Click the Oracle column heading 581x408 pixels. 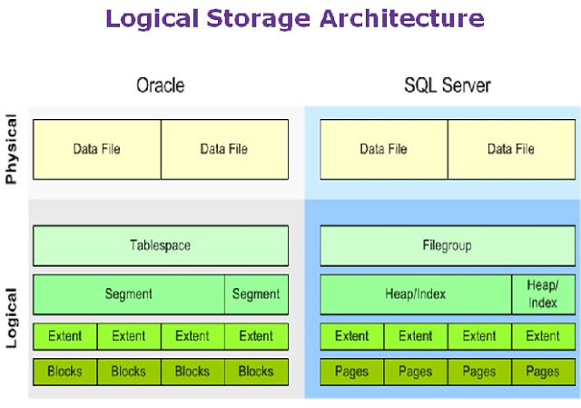161,86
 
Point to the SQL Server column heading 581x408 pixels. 448,86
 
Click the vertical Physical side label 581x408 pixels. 12,149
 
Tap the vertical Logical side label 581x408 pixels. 12,318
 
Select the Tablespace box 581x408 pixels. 161,245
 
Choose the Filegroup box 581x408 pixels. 448,245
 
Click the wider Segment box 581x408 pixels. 129,294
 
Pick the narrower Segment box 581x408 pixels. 256,294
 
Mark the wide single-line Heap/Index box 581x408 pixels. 416,294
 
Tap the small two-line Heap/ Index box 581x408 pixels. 543,294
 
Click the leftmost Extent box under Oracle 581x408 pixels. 65,336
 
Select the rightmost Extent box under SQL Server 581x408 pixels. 543,336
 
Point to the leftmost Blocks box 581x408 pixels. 65,372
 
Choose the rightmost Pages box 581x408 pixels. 543,372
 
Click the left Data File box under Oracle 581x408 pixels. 97,149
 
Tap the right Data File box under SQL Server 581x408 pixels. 511,149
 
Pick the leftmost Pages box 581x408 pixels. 352,372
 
